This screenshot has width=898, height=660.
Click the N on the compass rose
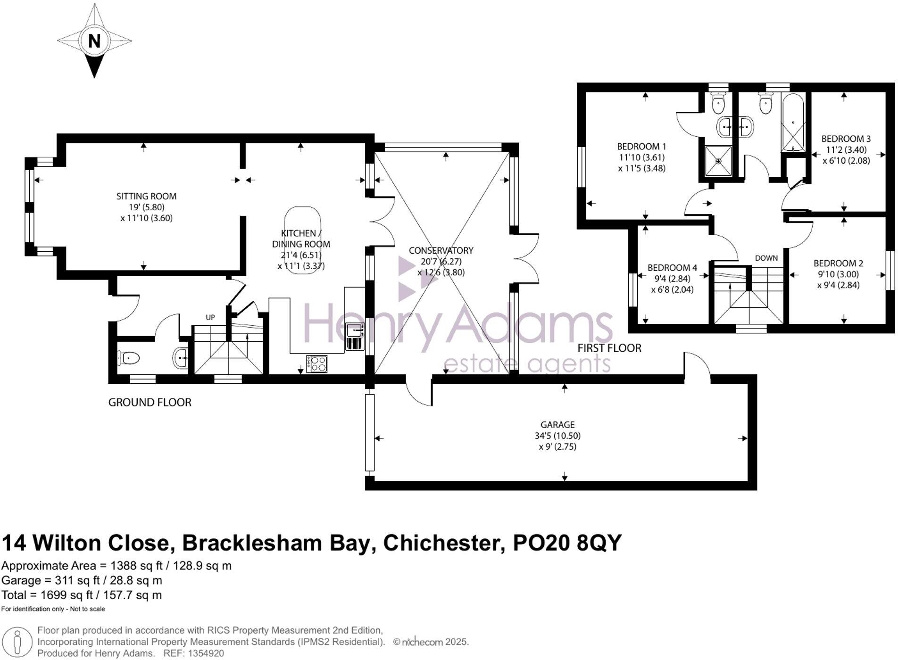94,41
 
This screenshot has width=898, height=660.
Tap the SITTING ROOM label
146,196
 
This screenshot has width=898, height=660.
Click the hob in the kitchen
316,363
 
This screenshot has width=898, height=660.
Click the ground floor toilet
128,358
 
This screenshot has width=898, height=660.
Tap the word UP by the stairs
210,317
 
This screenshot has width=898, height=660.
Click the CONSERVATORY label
441,250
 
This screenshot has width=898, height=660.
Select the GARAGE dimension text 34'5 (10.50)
557,436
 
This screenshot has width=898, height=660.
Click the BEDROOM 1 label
641,146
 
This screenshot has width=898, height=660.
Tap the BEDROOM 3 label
846,139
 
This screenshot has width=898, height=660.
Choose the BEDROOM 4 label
672,268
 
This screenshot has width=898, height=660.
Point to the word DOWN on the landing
766,258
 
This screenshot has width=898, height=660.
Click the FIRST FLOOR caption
609,348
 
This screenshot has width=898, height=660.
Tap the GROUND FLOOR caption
150,402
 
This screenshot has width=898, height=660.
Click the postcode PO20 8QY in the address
567,543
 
